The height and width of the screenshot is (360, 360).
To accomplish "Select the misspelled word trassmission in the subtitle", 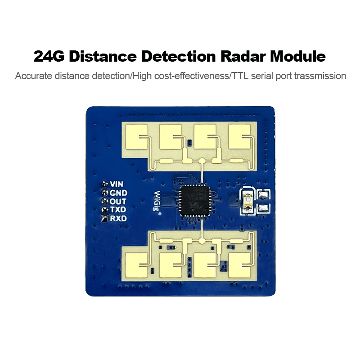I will [320, 76].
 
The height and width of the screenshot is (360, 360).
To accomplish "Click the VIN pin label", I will [117, 184].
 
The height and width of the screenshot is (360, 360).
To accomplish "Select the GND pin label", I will [118, 193].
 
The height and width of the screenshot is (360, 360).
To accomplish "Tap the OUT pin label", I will [118, 201].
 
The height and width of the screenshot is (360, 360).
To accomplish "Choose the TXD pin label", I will [118, 210].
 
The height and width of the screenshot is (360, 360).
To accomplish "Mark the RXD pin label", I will [118, 218].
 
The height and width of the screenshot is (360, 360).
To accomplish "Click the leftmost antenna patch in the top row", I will [137, 137].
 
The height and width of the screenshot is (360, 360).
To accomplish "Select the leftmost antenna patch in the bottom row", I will [137, 265].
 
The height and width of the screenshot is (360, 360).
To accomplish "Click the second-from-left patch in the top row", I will [171, 137].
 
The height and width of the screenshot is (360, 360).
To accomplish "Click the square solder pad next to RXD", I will [104, 219].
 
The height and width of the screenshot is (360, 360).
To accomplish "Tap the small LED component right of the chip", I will [247, 201].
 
